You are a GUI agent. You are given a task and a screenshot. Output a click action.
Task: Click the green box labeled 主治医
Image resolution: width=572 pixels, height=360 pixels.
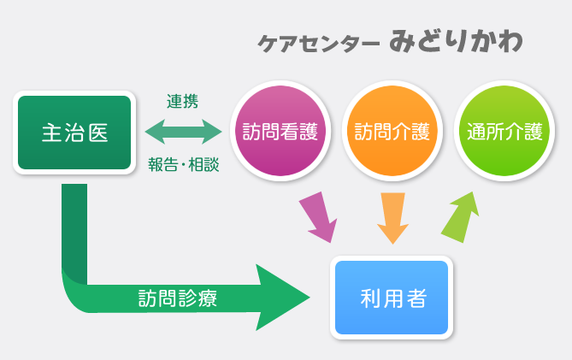[74, 133]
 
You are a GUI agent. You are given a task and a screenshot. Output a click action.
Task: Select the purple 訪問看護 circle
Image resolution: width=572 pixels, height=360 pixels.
[280, 131]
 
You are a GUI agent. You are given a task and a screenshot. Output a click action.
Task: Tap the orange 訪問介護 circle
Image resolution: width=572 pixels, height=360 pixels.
[392, 131]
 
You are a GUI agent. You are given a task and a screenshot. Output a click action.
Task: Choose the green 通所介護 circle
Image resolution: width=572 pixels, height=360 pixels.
[504, 131]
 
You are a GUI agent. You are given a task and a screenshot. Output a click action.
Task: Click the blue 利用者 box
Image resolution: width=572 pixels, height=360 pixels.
[392, 298]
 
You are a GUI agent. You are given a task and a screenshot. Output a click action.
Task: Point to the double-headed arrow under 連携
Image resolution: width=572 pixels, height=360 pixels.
[183, 132]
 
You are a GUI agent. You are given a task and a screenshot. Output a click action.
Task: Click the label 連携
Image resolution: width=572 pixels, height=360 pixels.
[182, 102]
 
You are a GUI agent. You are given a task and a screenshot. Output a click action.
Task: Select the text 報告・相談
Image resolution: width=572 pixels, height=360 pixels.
[184, 164]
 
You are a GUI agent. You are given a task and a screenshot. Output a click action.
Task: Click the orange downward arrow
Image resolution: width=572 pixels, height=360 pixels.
[393, 218]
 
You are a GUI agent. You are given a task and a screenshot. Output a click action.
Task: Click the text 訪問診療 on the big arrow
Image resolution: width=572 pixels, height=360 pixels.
[178, 298]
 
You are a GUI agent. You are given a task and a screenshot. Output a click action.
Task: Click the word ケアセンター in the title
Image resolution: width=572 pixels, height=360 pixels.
[319, 44]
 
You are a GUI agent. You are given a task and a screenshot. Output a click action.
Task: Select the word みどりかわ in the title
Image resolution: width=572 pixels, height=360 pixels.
[456, 41]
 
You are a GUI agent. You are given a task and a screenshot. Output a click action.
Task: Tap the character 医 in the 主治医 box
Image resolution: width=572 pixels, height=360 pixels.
[98, 133]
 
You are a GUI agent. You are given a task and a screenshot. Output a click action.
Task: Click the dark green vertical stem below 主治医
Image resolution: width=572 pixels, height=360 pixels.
[74, 233]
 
